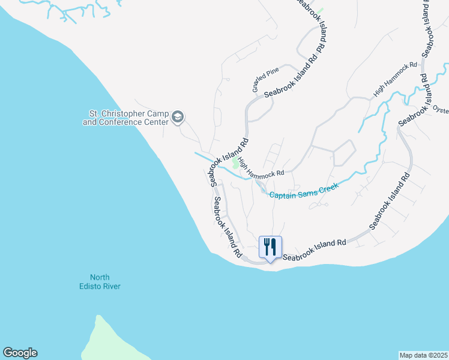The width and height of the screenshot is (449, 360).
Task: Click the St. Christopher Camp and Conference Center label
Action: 126,117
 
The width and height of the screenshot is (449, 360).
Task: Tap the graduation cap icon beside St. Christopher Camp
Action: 177,117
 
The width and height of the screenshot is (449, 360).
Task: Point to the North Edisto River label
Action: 105,281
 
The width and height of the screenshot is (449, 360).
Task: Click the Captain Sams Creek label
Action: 304,190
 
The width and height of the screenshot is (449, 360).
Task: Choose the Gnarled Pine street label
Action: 265,80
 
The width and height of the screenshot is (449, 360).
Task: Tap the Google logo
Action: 20,353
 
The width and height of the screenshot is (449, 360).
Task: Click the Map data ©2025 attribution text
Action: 424,355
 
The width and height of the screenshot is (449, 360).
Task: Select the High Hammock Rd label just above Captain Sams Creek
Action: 261,169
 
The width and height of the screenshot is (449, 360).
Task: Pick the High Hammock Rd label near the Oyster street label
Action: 395,79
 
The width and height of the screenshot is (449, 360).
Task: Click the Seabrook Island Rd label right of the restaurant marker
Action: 315,250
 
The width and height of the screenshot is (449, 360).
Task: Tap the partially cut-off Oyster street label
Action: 441,110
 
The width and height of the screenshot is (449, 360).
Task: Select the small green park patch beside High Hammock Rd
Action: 236,164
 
